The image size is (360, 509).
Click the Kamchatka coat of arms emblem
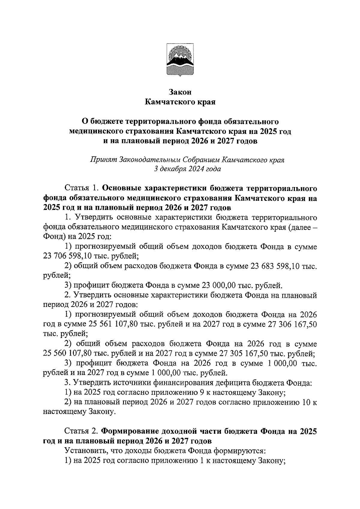click(180, 60)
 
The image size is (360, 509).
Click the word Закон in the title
click(180, 92)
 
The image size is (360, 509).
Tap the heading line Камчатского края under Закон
click(180, 102)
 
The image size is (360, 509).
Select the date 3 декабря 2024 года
click(187, 169)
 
